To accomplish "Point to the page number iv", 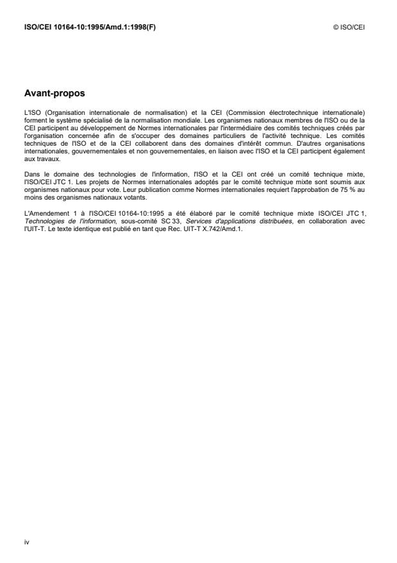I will coord(26,542).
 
